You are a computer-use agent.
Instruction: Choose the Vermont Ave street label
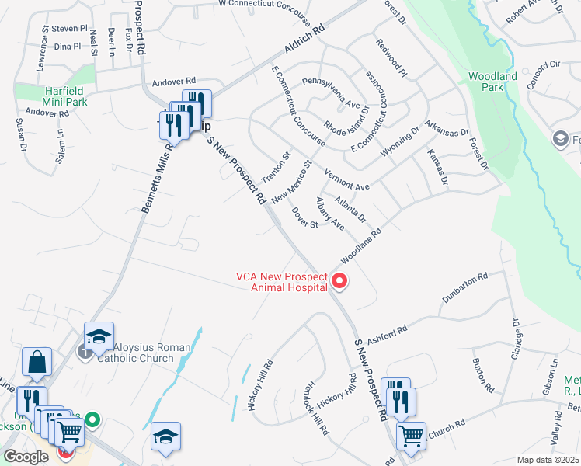pos(346,180)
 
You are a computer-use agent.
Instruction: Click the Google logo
pos(26,457)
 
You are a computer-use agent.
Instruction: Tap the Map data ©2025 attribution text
pos(547,460)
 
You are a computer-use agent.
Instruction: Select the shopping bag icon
pos(37,361)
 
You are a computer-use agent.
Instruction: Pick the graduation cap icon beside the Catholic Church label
pos(99,336)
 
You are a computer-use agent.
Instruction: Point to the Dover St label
pos(304,217)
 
